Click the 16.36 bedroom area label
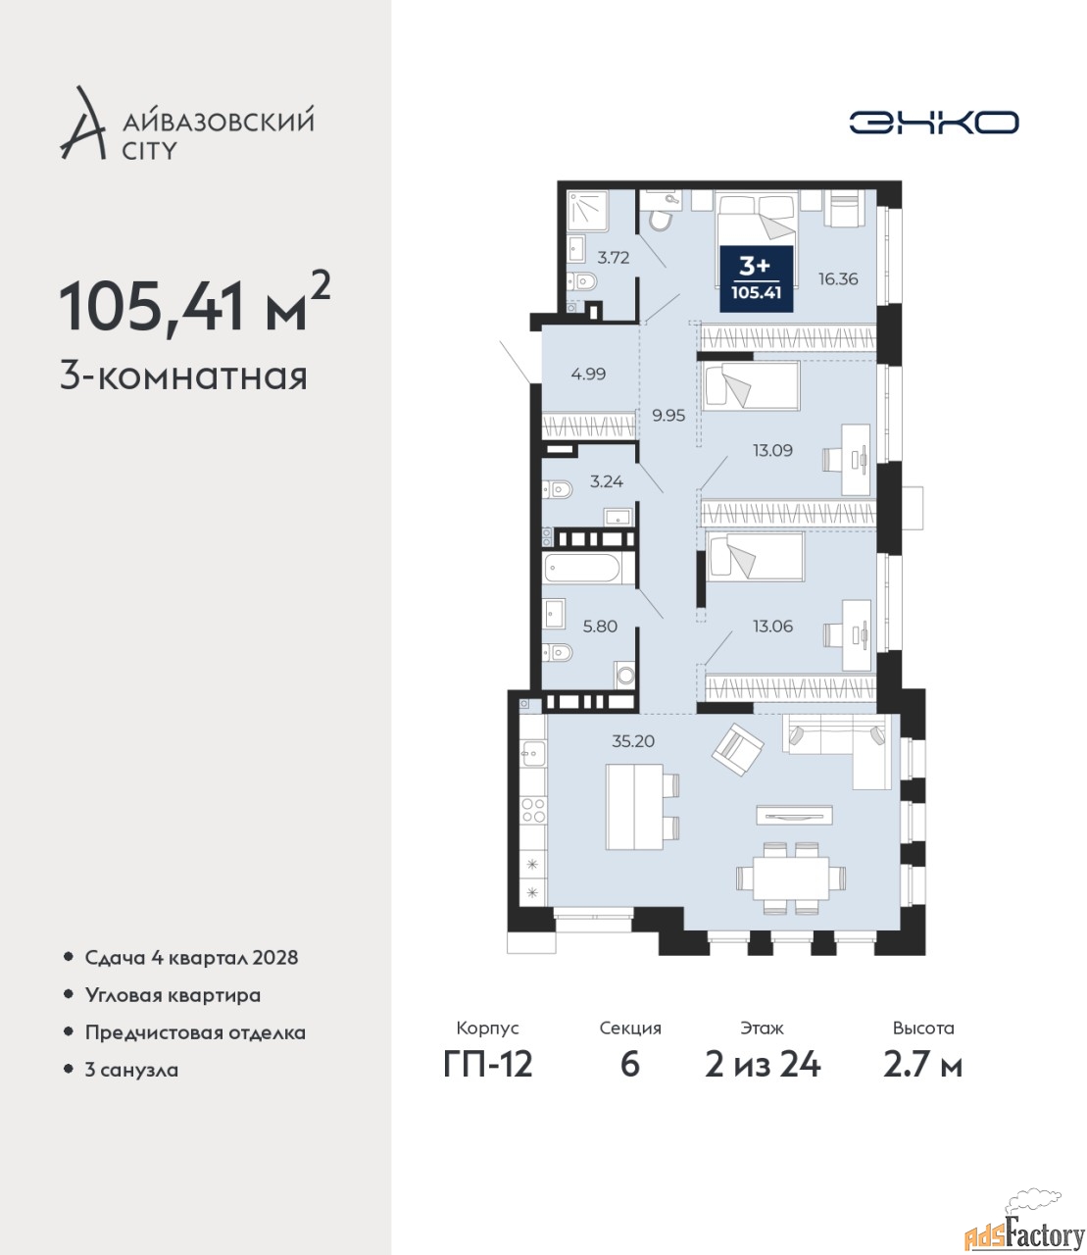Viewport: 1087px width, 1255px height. point(838,279)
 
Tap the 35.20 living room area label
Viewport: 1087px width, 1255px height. point(633,740)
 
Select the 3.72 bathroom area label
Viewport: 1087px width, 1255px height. point(613,258)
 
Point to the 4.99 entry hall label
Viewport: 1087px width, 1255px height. point(588,374)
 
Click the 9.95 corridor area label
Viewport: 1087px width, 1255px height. point(668,416)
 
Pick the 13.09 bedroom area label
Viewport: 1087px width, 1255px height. point(772,450)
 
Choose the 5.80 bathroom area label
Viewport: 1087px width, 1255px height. point(600,626)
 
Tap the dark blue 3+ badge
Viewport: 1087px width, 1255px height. point(757,278)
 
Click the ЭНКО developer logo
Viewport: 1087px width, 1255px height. point(933,122)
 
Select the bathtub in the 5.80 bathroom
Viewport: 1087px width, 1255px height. point(582,569)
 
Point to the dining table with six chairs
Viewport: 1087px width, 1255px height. point(791,878)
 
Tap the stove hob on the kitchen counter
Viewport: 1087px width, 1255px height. point(533,810)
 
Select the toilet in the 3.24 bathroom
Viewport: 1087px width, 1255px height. point(557,489)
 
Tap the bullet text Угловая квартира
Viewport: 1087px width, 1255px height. point(173,996)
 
